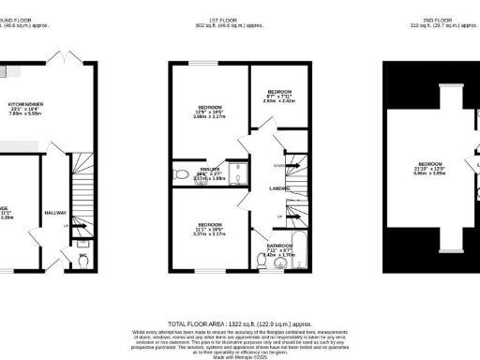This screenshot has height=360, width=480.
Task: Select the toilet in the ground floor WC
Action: [82, 256]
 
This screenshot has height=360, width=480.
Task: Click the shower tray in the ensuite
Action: [240, 172]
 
